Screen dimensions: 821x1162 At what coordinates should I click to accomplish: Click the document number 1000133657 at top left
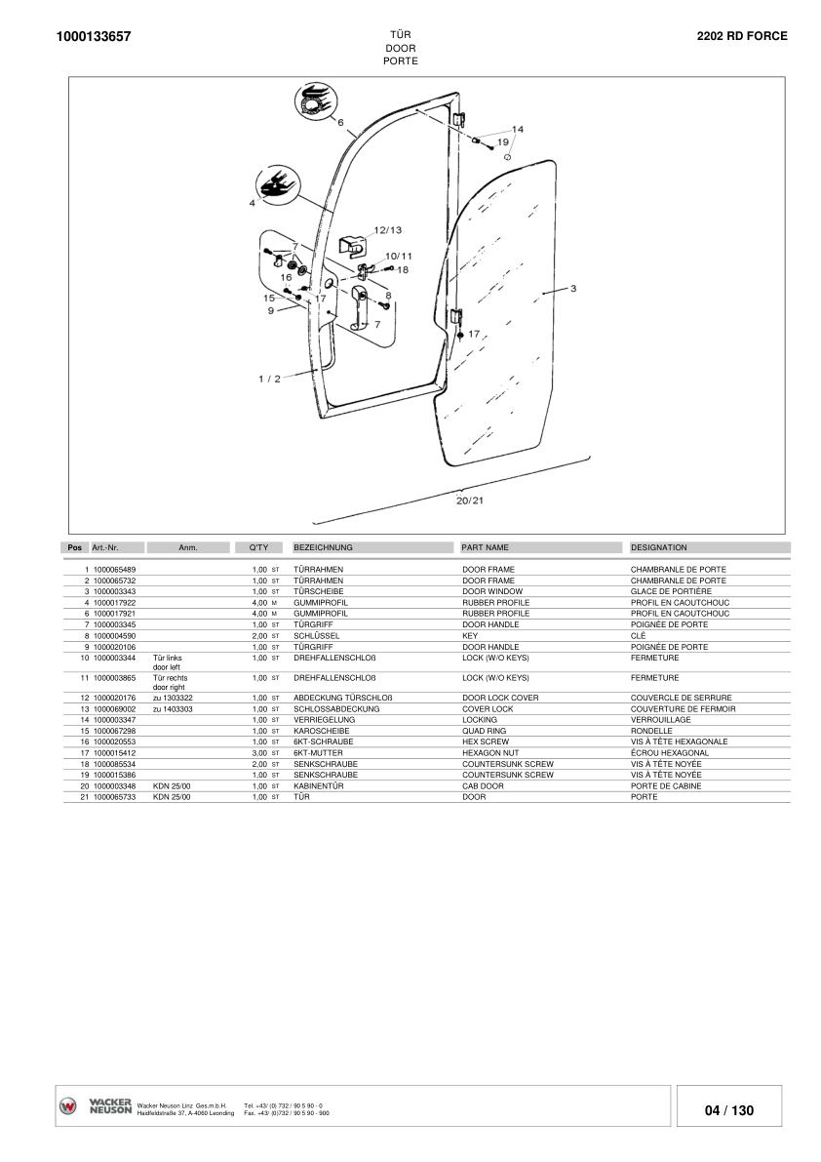[94, 36]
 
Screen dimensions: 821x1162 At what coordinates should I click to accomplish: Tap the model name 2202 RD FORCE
[742, 35]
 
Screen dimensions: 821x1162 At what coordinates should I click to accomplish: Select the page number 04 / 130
[729, 1110]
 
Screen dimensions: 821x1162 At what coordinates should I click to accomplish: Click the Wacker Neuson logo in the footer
[96, 1106]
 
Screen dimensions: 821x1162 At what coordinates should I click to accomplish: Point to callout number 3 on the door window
[573, 288]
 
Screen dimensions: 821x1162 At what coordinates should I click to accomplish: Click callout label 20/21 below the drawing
[469, 501]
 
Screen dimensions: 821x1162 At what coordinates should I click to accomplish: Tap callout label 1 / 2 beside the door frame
[269, 379]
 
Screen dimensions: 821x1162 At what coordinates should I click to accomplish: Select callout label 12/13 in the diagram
[388, 229]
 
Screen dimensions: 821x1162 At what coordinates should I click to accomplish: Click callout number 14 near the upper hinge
[518, 129]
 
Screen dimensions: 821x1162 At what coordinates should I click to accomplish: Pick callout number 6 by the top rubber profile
[340, 122]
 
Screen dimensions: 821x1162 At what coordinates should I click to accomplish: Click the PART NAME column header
[485, 547]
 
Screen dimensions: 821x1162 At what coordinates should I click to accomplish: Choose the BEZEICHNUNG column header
[323, 547]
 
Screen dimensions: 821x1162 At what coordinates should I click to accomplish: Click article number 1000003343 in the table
[115, 591]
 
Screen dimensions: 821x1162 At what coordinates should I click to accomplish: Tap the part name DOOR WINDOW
[492, 591]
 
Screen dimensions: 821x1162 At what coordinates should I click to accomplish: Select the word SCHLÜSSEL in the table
[316, 636]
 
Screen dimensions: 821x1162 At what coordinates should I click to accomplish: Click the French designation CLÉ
[638, 636]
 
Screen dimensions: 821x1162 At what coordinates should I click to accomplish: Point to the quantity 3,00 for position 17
[259, 753]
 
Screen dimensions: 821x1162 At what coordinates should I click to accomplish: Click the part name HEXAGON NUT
[490, 753]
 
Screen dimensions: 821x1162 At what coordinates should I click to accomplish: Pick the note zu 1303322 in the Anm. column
[173, 699]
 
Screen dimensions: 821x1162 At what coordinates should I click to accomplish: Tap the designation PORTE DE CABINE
[666, 786]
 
